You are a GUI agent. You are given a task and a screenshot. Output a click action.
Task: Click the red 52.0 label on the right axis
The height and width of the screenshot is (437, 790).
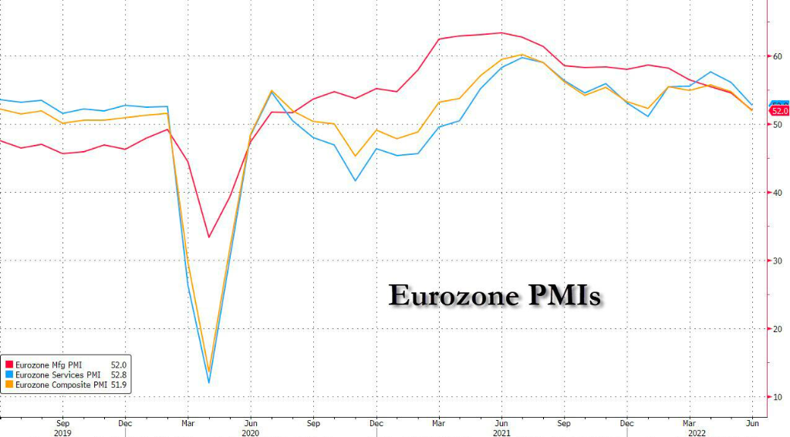[x=779, y=112]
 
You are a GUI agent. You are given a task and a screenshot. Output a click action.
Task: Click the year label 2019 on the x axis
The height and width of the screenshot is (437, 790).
[x=63, y=432]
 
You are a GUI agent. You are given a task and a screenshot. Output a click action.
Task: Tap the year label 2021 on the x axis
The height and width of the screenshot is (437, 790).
[x=501, y=432]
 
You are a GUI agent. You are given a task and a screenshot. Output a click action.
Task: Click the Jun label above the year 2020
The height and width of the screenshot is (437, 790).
[x=251, y=423]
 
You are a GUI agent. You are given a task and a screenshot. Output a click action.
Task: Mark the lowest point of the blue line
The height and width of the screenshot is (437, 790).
[x=209, y=382]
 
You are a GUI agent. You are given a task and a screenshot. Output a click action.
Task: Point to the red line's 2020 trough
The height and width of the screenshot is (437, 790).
[x=208, y=237]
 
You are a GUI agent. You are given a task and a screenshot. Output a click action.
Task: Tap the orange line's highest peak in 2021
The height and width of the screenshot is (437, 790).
[x=522, y=55]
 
